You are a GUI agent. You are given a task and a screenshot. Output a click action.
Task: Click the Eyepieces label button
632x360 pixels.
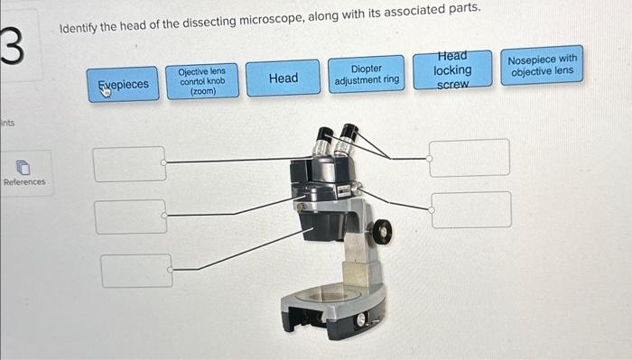click(x=124, y=84)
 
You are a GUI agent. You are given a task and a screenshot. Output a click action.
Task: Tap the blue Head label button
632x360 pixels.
click(x=283, y=78)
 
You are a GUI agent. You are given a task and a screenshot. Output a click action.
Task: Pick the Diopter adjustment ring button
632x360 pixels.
click(x=367, y=75)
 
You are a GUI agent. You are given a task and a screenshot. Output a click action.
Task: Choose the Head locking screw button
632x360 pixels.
click(x=452, y=70)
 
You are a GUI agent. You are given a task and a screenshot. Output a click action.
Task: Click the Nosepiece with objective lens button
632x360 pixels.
click(x=542, y=65)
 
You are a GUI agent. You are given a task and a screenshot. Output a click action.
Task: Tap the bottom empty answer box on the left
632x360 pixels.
click(x=136, y=271)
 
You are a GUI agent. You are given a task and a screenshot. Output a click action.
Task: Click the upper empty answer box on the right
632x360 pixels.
click(x=469, y=157)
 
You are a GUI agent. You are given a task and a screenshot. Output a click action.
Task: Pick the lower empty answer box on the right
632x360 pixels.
click(x=470, y=209)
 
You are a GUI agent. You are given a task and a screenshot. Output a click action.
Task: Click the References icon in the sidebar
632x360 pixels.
click(x=24, y=167)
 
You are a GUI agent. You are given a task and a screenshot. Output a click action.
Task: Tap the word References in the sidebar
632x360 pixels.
click(x=24, y=182)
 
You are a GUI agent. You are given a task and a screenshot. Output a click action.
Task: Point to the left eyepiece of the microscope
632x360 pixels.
click(x=322, y=143)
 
